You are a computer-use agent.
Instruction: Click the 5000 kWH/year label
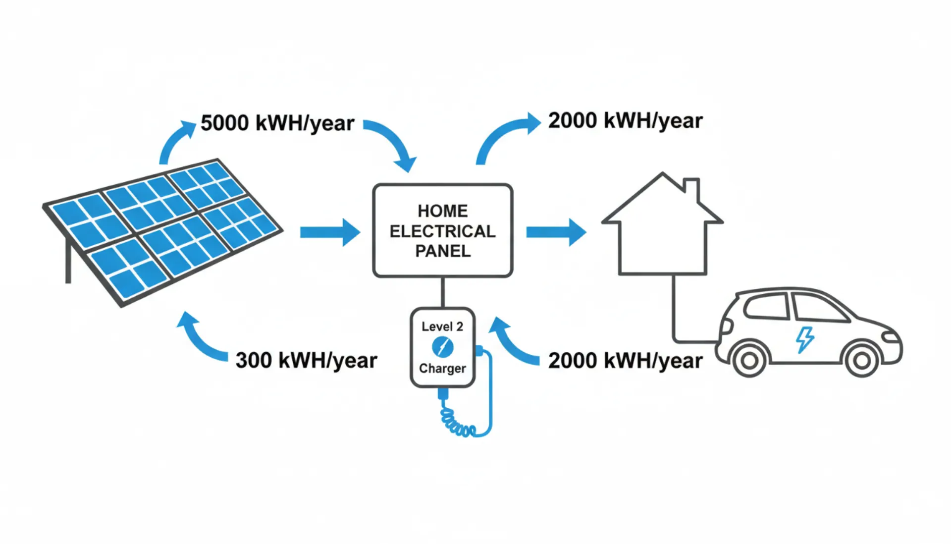(277, 123)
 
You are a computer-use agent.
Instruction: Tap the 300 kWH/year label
(306, 360)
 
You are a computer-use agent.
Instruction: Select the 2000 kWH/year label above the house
(625, 121)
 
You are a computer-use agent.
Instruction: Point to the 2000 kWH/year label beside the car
(625, 361)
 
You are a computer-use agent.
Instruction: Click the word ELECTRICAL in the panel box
(442, 231)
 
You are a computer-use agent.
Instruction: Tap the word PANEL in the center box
(442, 252)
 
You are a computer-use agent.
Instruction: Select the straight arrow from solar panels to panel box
(329, 232)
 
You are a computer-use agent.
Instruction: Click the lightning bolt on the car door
(804, 339)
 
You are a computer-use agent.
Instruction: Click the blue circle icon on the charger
(442, 347)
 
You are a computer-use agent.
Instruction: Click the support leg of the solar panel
(68, 263)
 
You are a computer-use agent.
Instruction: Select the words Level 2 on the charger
(442, 326)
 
